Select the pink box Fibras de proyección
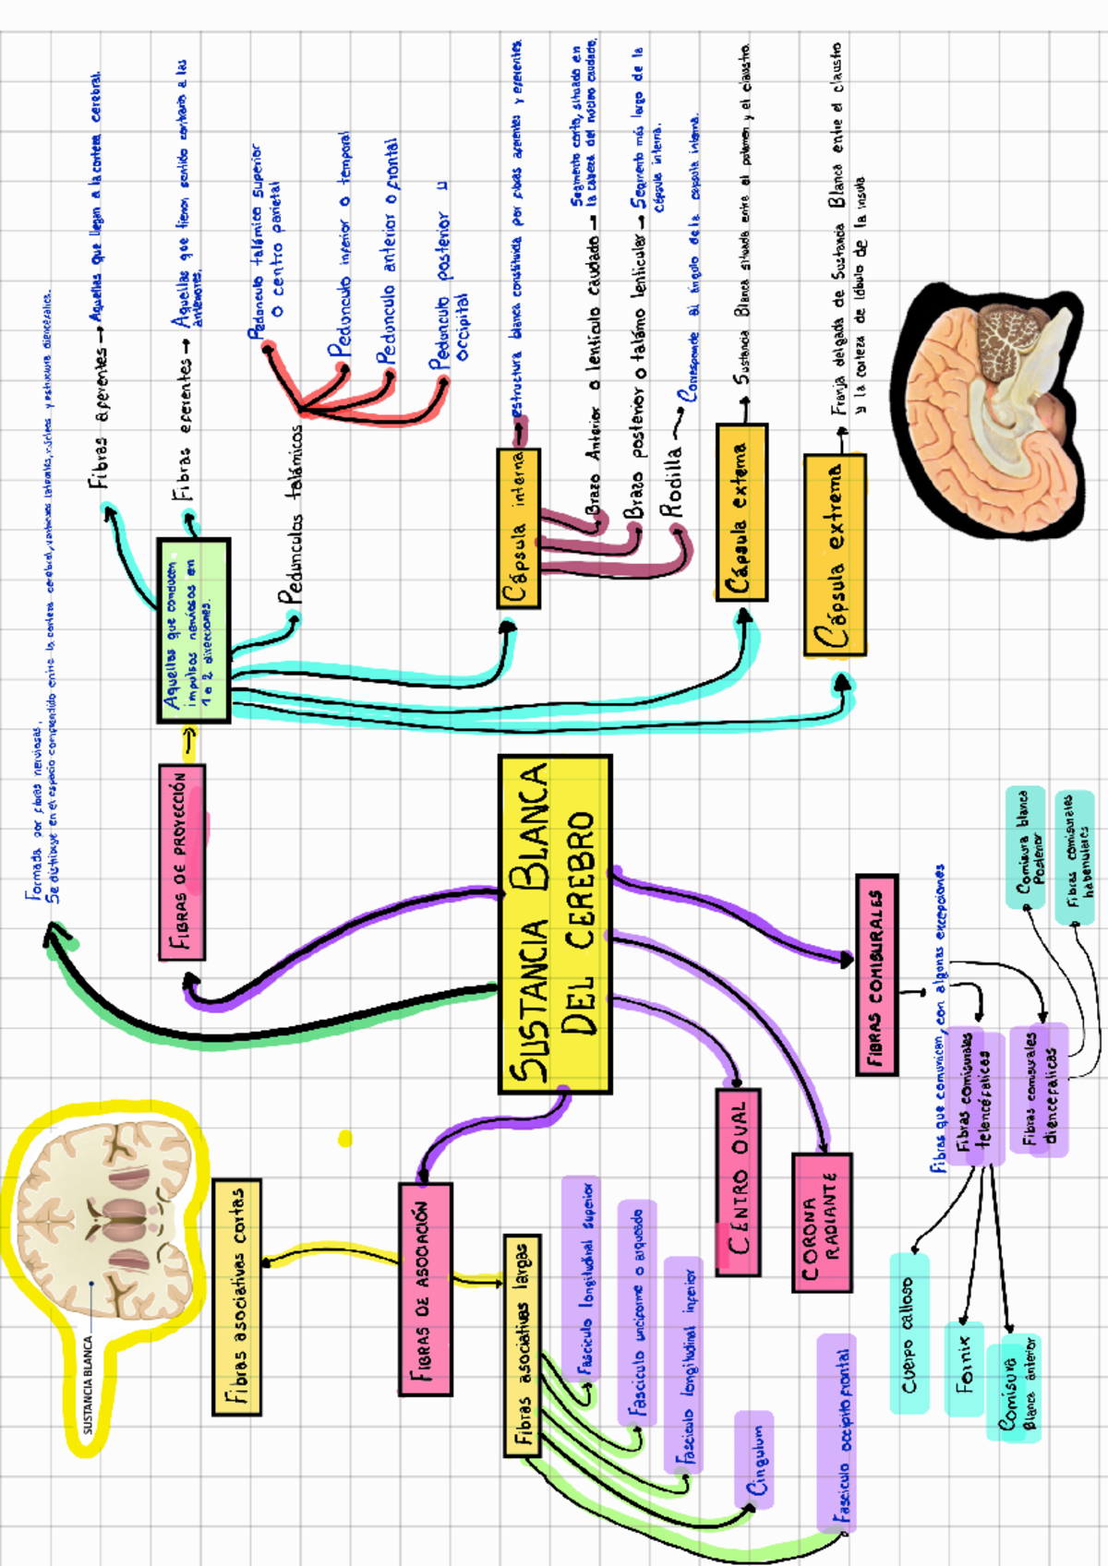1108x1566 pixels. click(x=182, y=862)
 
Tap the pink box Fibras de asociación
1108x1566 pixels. click(x=426, y=1288)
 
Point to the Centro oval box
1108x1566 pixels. click(x=738, y=1182)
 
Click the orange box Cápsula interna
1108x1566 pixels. click(x=518, y=529)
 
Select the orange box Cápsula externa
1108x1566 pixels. click(x=741, y=513)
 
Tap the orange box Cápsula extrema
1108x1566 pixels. click(x=835, y=555)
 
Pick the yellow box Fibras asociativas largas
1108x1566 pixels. click(x=523, y=1346)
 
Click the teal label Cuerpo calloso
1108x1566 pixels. click(x=909, y=1333)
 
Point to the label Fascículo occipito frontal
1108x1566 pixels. click(x=837, y=1431)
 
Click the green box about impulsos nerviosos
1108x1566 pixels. click(x=193, y=631)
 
